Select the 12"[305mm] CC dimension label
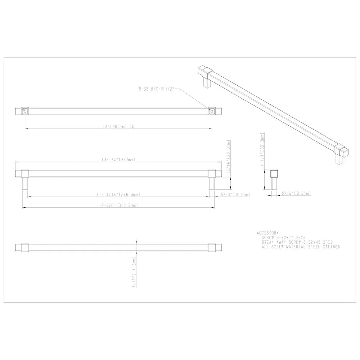pos(118,126)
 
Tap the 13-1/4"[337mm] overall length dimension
pos(118,159)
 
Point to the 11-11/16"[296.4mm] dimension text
pos(118,194)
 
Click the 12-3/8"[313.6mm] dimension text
pos(118,205)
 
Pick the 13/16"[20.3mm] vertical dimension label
pos(228,158)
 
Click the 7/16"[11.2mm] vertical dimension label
pos(134,272)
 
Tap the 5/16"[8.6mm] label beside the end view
pos(296,193)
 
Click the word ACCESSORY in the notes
pos(269,233)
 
